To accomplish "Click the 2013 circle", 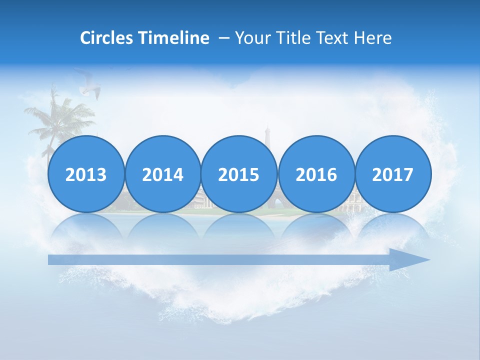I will pos(86,174).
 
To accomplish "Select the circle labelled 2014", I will pos(162,174).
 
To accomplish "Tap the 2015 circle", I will pos(239,174).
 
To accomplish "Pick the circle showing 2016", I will pos(316,174).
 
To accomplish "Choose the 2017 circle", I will pos(392,174).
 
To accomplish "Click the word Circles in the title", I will pos(106,38).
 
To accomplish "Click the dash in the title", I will pos(224,38).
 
